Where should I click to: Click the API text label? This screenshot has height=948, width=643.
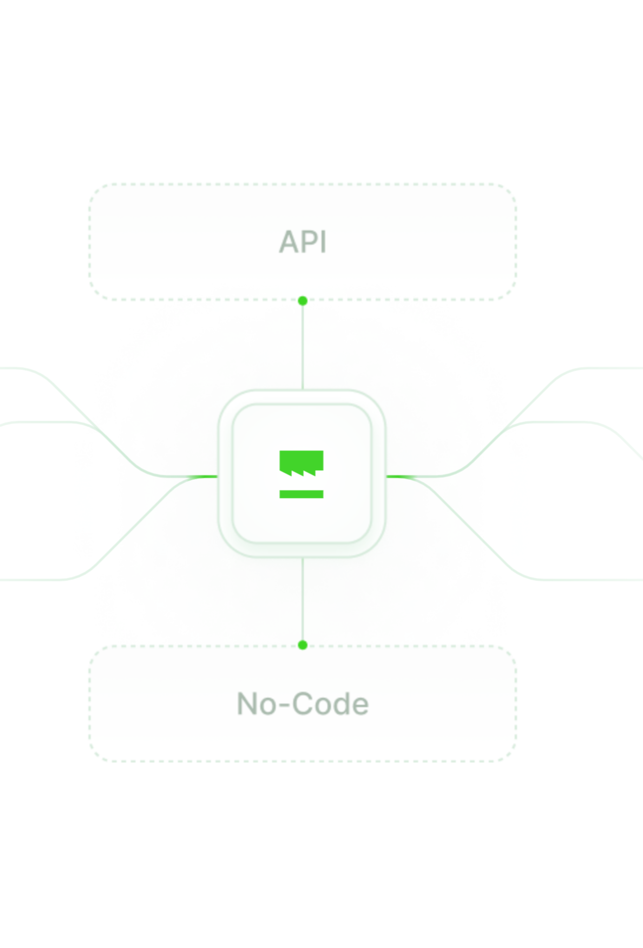point(303,242)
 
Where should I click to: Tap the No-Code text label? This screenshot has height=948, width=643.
point(303,704)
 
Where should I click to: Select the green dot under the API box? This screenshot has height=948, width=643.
point(303,301)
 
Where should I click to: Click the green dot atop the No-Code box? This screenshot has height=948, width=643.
point(303,645)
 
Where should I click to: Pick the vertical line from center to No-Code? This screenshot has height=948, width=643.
point(303,599)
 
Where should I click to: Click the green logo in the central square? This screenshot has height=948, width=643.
point(301,474)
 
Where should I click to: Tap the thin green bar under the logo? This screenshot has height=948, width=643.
point(301,494)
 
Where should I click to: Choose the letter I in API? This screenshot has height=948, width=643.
point(324,242)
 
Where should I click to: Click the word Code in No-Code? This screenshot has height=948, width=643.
point(331,704)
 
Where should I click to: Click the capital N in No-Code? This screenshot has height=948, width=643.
point(246,704)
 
